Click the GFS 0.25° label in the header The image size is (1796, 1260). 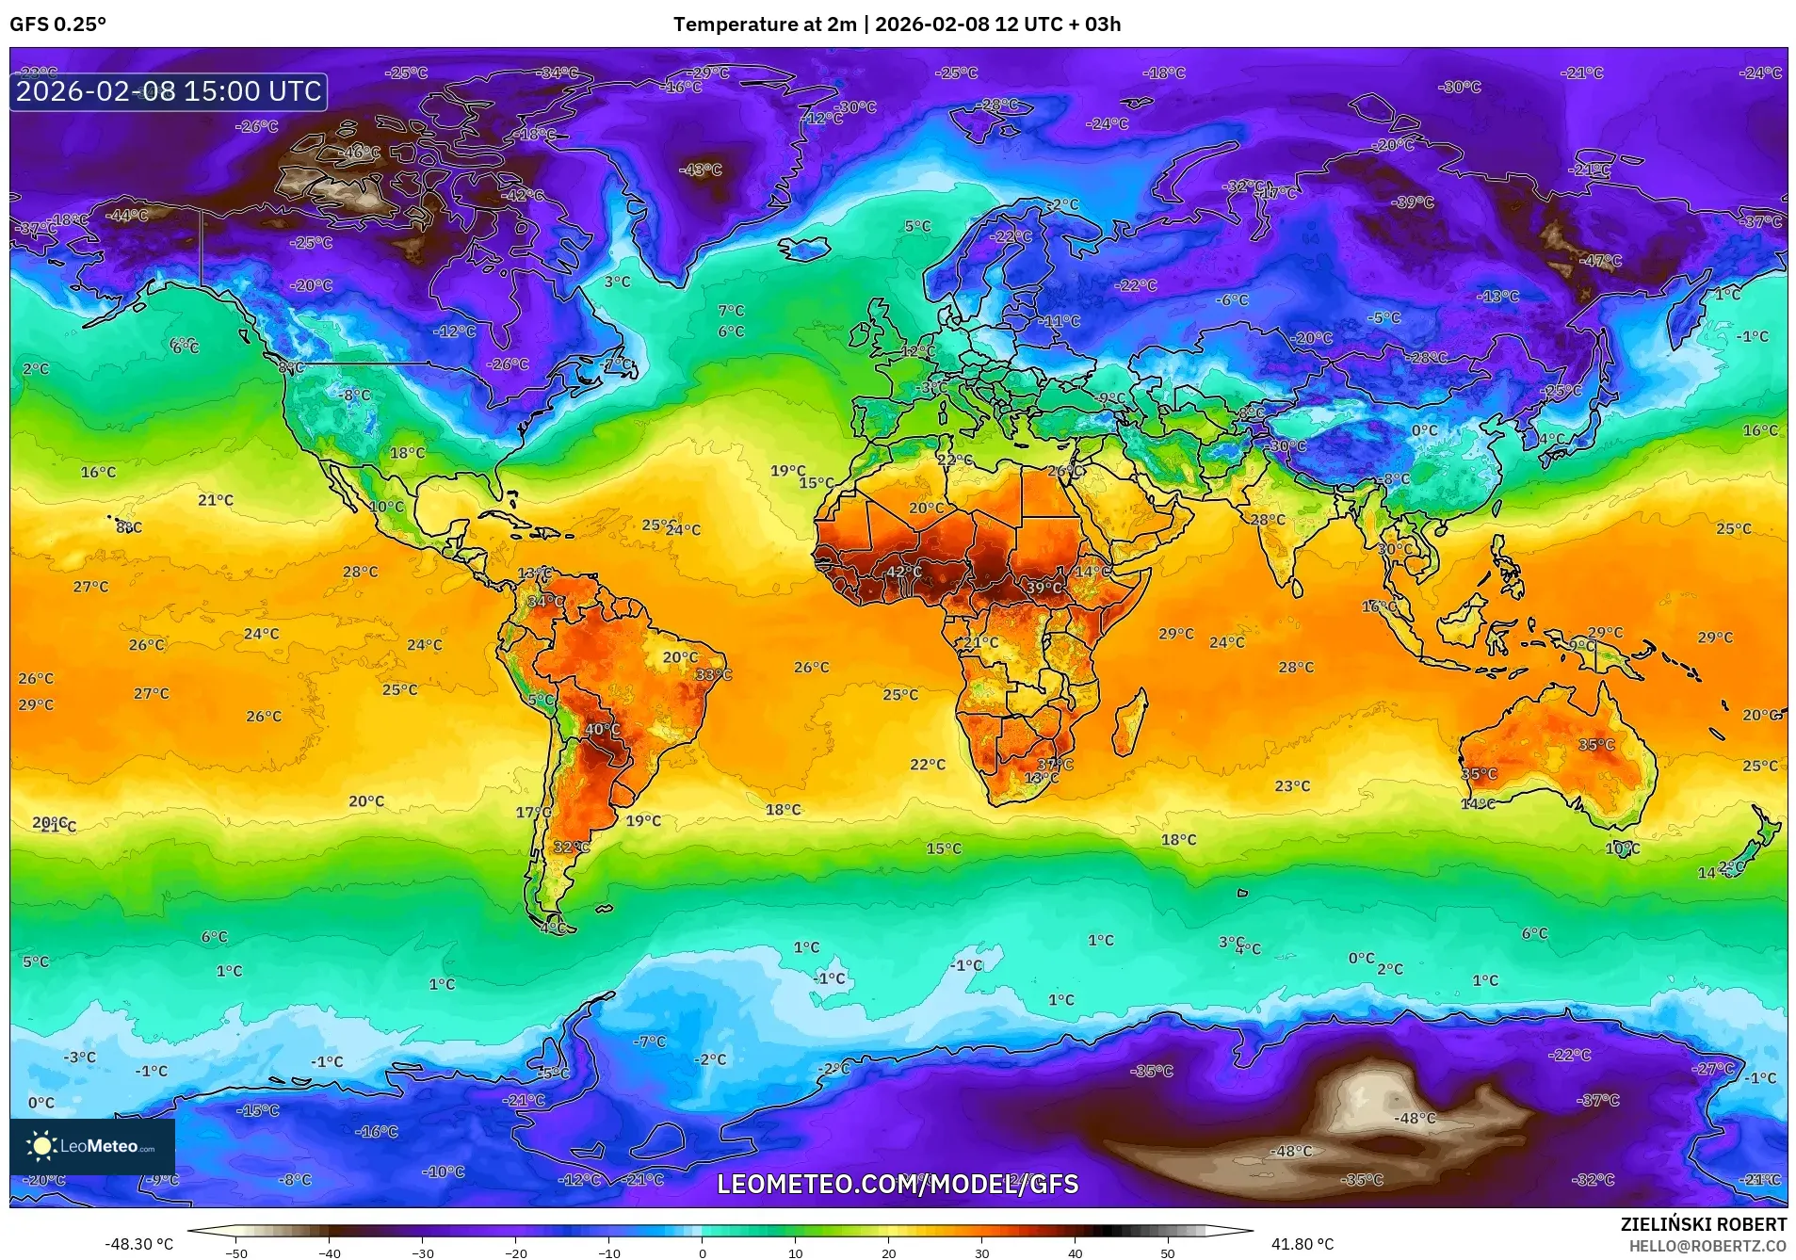pos(57,24)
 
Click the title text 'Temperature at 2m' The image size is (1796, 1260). pos(765,24)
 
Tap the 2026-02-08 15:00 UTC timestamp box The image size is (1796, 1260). pos(169,91)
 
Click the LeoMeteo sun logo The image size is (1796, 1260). pos(41,1145)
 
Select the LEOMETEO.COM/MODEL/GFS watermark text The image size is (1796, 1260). pos(898,1184)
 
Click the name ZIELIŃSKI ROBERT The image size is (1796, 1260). pos(1703,1224)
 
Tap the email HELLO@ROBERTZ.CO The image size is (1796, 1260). pos(1707,1246)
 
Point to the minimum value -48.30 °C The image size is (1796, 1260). pos(138,1244)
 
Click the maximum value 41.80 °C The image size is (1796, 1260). pos(1302,1244)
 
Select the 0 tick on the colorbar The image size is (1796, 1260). pos(702,1253)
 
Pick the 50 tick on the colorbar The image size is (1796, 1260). pos(1167,1253)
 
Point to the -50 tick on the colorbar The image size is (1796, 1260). pos(236,1253)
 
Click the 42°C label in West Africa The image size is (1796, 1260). pos(903,572)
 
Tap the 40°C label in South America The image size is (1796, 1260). pos(603,729)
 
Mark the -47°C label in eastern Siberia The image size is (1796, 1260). pos(1600,261)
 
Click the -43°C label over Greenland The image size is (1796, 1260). pos(701,170)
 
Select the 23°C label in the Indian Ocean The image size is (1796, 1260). pos(1292,785)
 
